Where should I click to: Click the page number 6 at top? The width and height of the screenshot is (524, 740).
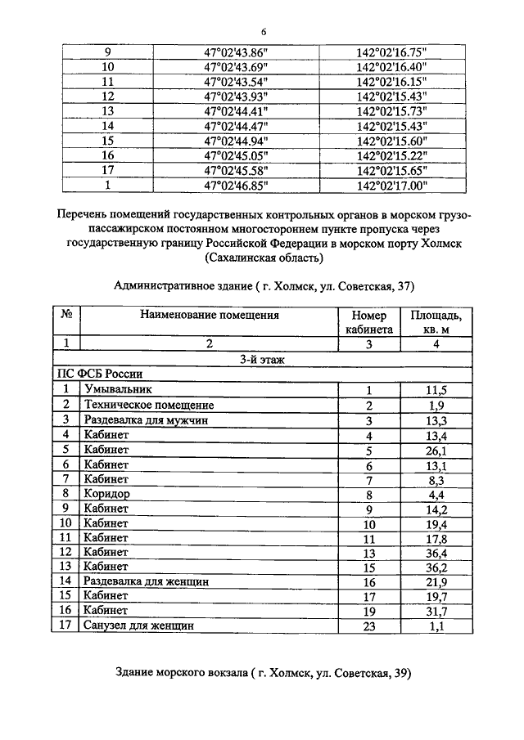point(264,32)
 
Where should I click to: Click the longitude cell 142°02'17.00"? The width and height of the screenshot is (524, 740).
point(392,186)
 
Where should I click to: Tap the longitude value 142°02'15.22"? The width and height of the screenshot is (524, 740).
point(392,156)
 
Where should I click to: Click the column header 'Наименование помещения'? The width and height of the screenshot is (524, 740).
point(209,314)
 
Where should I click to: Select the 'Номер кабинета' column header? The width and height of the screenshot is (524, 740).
point(368,321)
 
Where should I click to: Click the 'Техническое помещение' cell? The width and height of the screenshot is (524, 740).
point(148,406)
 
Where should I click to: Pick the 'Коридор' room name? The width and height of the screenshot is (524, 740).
point(106,494)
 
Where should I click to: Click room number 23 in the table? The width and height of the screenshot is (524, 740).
point(369,626)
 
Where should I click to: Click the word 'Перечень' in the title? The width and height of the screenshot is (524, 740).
point(84,214)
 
